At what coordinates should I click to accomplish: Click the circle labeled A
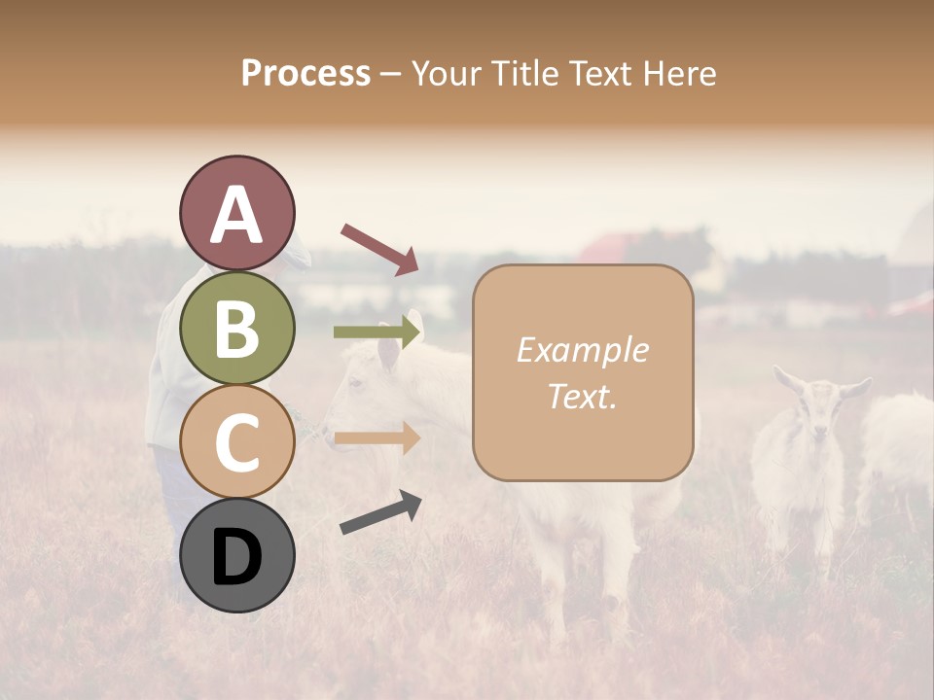tap(236, 214)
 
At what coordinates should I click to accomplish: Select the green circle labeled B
tap(236, 328)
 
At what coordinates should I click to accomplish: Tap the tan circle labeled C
tap(236, 441)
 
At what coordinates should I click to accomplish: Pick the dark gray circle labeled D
tap(236, 555)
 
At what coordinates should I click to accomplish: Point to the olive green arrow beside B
tap(377, 332)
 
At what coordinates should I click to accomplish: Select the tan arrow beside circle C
tap(377, 438)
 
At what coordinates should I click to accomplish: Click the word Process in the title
tap(305, 73)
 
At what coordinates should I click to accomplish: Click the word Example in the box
tap(582, 350)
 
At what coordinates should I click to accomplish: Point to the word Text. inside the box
tap(582, 396)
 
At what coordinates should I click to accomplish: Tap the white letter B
tap(236, 328)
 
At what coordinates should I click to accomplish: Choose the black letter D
tap(236, 556)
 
